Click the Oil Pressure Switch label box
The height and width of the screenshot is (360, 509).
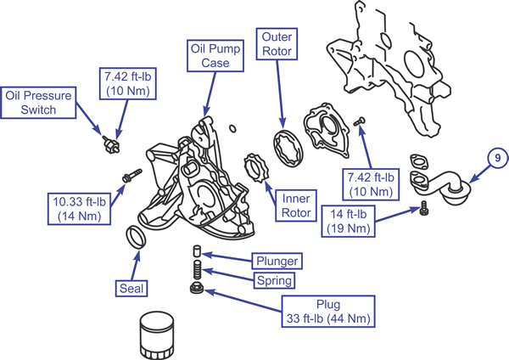tap(38, 103)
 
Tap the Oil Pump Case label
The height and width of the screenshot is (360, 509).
tap(215, 55)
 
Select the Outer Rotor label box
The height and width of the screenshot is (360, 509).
tap(277, 44)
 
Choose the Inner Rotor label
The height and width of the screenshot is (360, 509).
tap(296, 205)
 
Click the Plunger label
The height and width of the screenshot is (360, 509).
tap(277, 261)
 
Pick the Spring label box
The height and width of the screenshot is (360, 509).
tap(274, 280)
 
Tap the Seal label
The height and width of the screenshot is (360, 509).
tap(131, 288)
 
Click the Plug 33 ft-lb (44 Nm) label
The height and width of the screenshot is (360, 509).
tap(328, 312)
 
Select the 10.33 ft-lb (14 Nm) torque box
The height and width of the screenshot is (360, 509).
tap(79, 209)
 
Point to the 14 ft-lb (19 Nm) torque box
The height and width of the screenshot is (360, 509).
tap(349, 222)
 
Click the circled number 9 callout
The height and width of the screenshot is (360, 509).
tap(498, 158)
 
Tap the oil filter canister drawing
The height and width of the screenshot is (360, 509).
tap(157, 335)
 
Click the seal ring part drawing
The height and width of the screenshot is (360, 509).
tap(136, 237)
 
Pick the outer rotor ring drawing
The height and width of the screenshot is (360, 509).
tap(288, 149)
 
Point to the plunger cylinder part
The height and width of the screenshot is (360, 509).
tap(197, 251)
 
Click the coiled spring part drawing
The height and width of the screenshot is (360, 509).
tap(198, 269)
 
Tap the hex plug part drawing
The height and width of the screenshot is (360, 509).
tap(197, 288)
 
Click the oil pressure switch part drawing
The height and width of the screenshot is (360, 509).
tap(111, 144)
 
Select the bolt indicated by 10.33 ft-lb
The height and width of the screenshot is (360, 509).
tap(131, 176)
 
